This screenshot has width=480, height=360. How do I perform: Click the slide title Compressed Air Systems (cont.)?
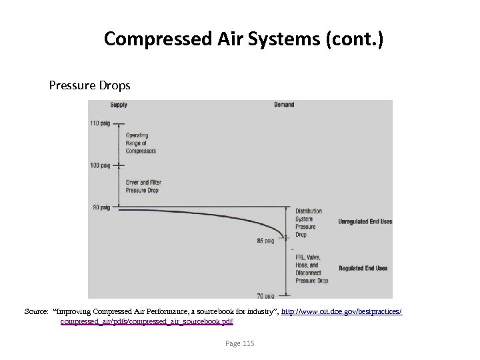tap(243, 39)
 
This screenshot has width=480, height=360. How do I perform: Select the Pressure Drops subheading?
tap(89, 86)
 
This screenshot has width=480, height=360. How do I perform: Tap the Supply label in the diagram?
tap(119, 105)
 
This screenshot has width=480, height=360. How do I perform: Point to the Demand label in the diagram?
tap(283, 105)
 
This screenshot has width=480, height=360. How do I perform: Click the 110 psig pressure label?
tap(101, 123)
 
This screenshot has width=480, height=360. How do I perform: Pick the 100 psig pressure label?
tap(101, 165)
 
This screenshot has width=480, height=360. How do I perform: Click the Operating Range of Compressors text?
tap(141, 143)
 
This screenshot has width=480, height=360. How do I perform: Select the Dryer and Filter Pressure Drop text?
tap(143, 186)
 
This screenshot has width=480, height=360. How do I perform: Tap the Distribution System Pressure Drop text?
tap(308, 223)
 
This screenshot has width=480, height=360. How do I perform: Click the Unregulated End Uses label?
tap(365, 221)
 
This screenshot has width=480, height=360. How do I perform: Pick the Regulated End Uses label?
tap(363, 268)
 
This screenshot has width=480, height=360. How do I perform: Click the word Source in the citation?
tap(36, 311)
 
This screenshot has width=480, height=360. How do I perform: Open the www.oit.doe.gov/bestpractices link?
tap(342, 311)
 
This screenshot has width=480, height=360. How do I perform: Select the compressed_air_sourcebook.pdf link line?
tap(146, 321)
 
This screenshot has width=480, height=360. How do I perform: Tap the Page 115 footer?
tap(239, 343)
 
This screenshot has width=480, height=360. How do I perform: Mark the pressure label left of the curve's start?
tap(101, 207)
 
